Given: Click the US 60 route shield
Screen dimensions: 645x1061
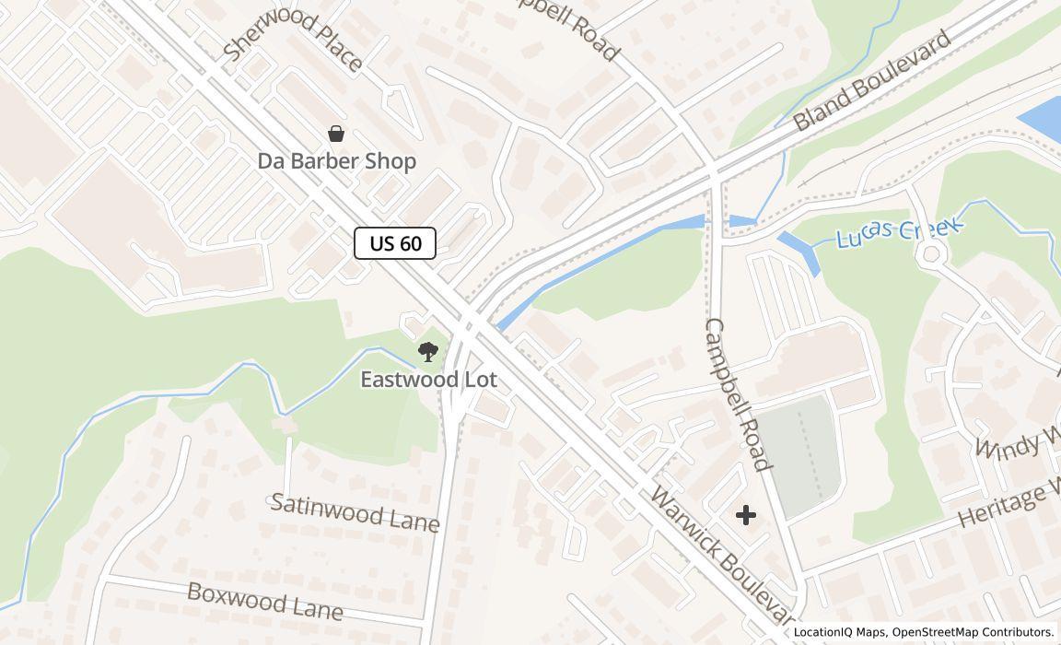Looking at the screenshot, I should (x=395, y=243).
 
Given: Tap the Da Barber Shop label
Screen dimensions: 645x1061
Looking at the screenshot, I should (x=336, y=161).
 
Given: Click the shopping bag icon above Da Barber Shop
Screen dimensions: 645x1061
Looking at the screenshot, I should (x=336, y=135).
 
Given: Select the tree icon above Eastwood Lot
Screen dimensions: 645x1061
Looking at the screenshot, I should (x=427, y=351).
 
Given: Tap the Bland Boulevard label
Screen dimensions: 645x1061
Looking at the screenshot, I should (x=871, y=81).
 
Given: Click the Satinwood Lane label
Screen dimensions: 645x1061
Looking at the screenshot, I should (x=355, y=512).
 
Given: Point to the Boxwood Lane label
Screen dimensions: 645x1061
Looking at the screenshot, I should (x=265, y=601).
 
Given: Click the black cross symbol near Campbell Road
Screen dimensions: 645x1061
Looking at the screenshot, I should (x=746, y=515).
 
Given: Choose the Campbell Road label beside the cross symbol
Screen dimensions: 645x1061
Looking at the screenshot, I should (x=737, y=394).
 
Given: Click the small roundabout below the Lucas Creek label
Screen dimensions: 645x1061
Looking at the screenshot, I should (x=932, y=253).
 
